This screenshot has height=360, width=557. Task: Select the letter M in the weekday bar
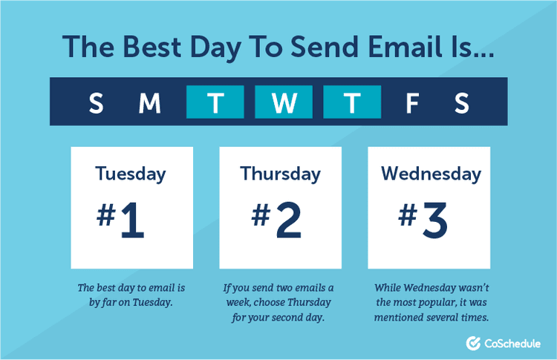[x=150, y=102]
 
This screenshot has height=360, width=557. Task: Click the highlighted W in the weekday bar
[x=284, y=102]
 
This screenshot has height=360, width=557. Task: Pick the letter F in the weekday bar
[x=412, y=102]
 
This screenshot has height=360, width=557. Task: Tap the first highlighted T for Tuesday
[x=215, y=102]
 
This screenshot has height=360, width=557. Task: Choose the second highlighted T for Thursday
[x=352, y=102]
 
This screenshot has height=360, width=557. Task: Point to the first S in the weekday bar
[x=96, y=102]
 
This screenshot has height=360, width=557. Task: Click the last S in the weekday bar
[x=462, y=102]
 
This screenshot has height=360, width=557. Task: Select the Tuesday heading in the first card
[x=131, y=174]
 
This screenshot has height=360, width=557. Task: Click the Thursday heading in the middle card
[x=280, y=174]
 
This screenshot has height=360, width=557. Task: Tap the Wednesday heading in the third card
[x=431, y=174]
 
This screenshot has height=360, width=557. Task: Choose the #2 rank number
[x=276, y=220]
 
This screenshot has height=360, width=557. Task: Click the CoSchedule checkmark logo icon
[x=472, y=343]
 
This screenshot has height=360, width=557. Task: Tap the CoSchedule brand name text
[x=511, y=343]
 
